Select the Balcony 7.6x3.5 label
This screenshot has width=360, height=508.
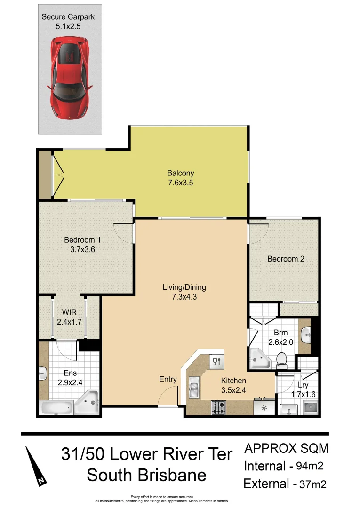click(x=181, y=177)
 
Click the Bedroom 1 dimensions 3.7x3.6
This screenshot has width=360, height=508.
click(x=82, y=250)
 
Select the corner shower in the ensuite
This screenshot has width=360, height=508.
click(x=88, y=403)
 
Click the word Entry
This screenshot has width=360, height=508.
click(x=168, y=380)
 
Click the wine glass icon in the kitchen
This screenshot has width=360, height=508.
click(x=217, y=361)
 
